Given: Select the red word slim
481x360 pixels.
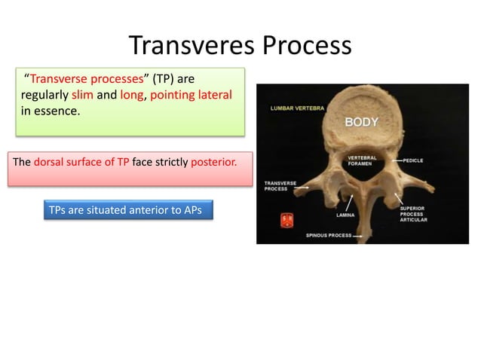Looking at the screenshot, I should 82,96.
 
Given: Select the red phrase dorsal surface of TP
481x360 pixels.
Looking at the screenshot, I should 81,160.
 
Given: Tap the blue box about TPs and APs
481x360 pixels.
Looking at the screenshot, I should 124,209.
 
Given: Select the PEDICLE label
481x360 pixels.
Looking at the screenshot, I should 418,160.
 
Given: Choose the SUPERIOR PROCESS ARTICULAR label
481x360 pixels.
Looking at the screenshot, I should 413,214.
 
